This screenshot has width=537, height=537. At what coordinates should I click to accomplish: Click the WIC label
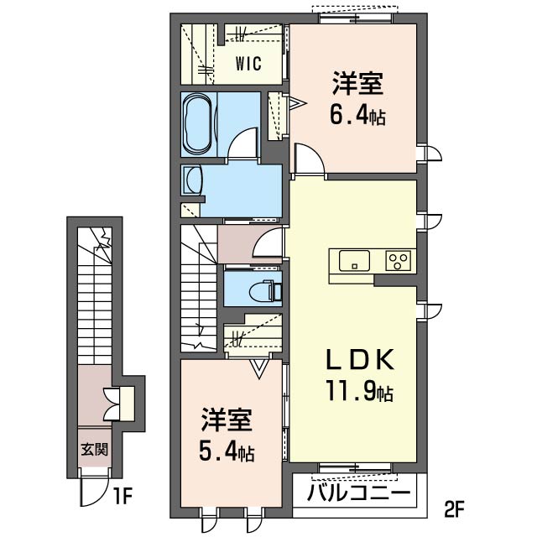(248, 63)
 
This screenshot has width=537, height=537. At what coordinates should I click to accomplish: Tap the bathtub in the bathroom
(199, 124)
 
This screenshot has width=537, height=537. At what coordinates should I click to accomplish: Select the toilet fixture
(264, 289)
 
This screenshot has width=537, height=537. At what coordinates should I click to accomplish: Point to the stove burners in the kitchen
(398, 260)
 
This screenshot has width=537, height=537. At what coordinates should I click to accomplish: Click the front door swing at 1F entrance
(89, 495)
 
